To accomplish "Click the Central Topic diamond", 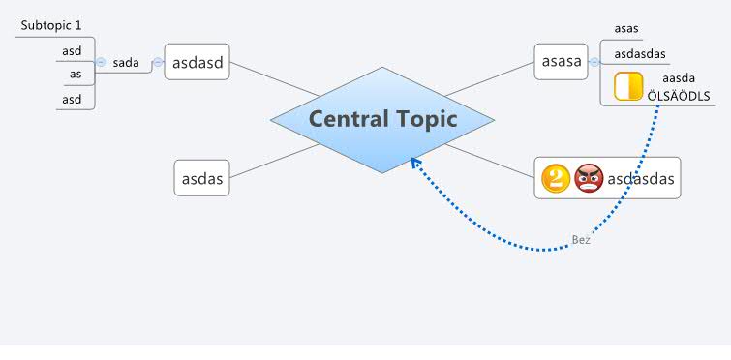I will (382, 119).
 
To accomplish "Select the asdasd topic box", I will (198, 62).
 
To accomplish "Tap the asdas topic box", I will (202, 178).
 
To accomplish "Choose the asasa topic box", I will (561, 62).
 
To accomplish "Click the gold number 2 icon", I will (555, 178).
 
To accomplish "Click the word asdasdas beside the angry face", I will (640, 178).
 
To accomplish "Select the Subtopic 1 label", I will (51, 25).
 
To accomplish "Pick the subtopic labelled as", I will (75, 74).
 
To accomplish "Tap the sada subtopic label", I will (126, 63).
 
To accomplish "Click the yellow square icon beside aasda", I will (628, 86).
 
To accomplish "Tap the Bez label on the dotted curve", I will (581, 240).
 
